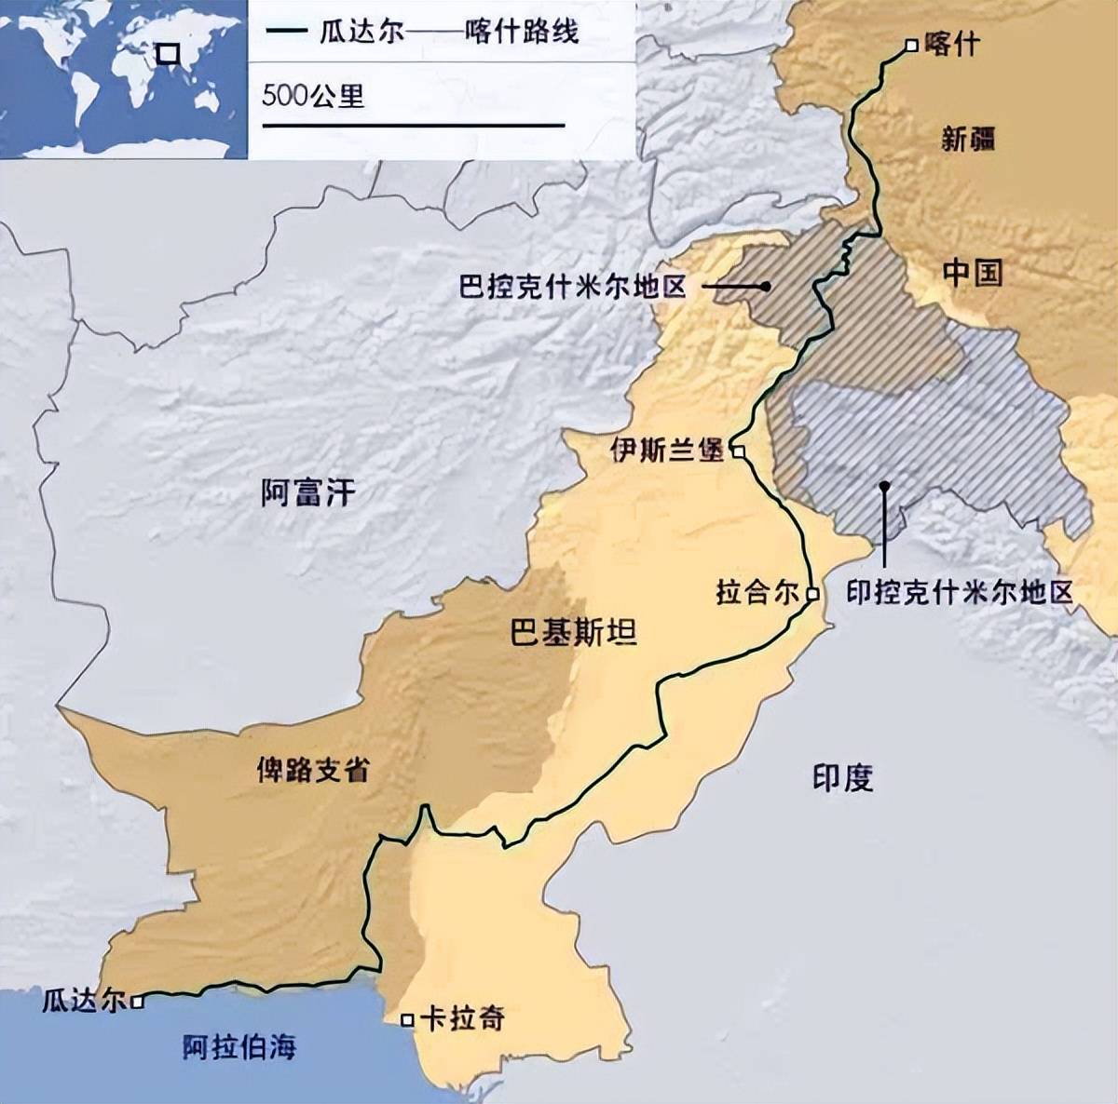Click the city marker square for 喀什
[x=911, y=45]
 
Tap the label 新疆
[x=968, y=140]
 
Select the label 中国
[x=973, y=273]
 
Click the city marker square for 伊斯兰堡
[x=737, y=451]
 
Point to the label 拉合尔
[x=757, y=593]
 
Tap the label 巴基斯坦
[x=574, y=633]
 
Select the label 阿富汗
[x=308, y=492]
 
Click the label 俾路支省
[x=313, y=770]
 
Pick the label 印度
[x=842, y=778]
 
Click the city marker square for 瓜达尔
[x=137, y=1003]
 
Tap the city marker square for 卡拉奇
[x=407, y=1020]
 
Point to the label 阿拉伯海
[x=239, y=1046]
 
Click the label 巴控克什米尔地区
[x=572, y=286]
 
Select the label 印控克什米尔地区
[x=960, y=593]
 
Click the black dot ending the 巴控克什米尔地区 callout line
[x=765, y=286]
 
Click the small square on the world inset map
[x=168, y=54]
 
